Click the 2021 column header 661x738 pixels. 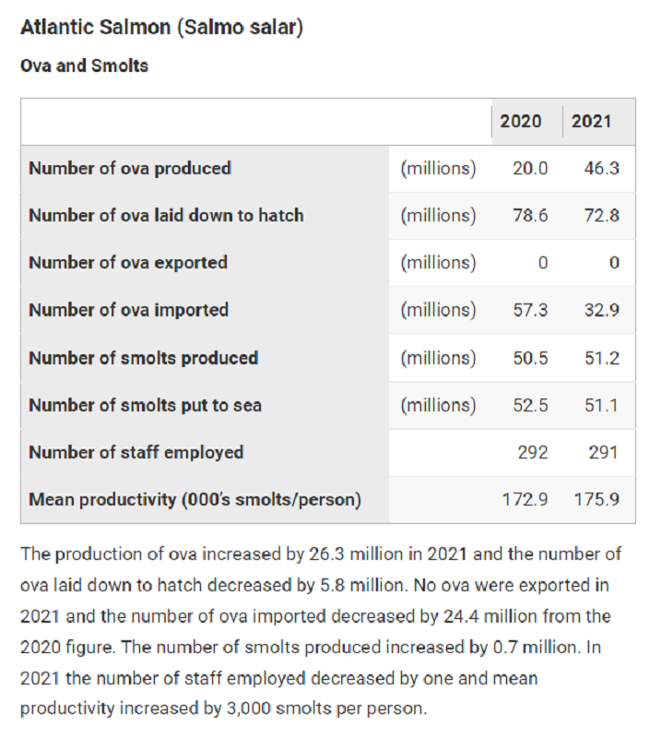point(591,122)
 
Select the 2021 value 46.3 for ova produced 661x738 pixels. point(601,169)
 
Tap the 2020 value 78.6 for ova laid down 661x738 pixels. point(530,216)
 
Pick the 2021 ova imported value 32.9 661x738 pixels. point(601,310)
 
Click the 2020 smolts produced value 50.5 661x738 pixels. point(530,358)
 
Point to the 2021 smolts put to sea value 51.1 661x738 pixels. point(601,405)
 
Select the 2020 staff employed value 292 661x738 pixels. point(533,452)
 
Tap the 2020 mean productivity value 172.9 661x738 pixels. point(525,500)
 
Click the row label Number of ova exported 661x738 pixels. point(128,263)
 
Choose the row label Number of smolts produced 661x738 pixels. point(143,358)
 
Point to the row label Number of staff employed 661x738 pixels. point(136,452)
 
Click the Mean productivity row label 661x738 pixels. point(195,500)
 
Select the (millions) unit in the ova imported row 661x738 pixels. point(438,310)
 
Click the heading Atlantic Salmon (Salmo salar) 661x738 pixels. point(161,28)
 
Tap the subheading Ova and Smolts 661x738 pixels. point(84,66)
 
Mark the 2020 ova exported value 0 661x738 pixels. point(543,263)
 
